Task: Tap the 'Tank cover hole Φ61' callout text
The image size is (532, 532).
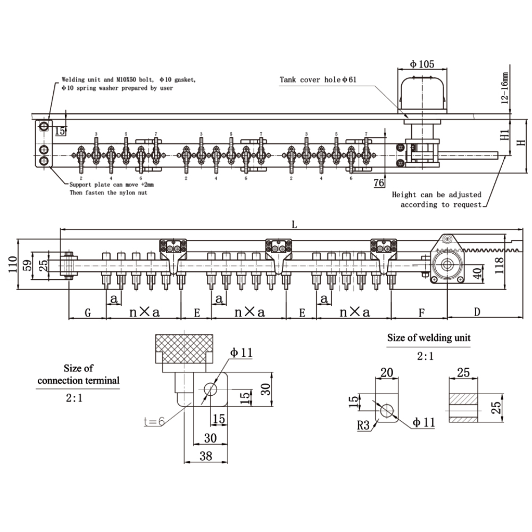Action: click(x=318, y=80)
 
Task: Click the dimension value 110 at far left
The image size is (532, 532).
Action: click(x=11, y=263)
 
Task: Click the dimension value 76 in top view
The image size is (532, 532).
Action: click(x=379, y=182)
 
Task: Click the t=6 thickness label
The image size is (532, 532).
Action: click(x=154, y=422)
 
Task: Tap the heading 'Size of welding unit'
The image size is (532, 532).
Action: click(x=428, y=337)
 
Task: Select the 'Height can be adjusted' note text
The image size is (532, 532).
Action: click(x=436, y=195)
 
